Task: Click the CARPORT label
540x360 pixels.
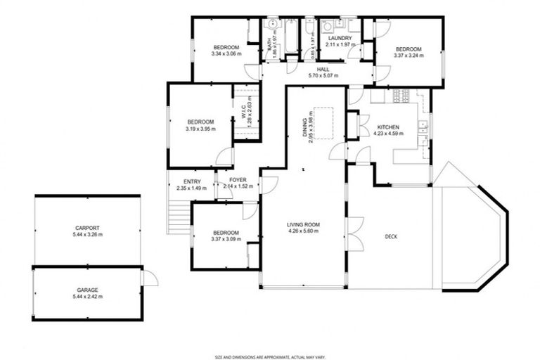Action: tap(87, 228)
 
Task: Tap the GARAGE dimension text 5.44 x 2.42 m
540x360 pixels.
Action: tap(87, 296)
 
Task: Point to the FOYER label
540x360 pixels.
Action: tap(238, 181)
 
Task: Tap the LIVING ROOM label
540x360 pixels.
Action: tap(303, 225)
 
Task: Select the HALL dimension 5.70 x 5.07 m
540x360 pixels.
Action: tap(323, 76)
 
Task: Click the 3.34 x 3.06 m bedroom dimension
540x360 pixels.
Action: tap(226, 53)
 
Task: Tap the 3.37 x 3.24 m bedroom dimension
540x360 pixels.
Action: tap(409, 56)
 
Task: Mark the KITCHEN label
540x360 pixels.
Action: tap(387, 127)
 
